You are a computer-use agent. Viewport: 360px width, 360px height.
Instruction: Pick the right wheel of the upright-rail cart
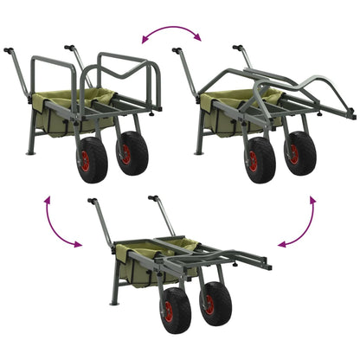(132, 153)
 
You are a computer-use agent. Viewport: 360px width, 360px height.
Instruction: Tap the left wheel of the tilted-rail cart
(258, 160)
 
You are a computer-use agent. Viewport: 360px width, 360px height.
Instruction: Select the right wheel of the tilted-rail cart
(298, 153)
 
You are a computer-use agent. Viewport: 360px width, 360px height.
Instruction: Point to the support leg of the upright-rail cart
(33, 139)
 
